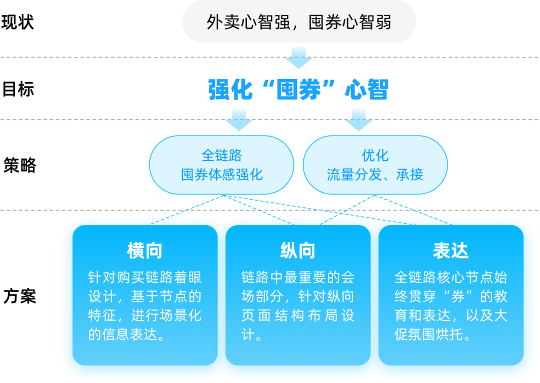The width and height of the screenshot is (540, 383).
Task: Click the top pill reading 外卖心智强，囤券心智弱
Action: pyautogui.click(x=298, y=22)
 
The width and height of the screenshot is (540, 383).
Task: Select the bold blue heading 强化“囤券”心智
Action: pyautogui.click(x=298, y=90)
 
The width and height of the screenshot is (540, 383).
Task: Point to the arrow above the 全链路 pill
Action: pyautogui.click(x=239, y=119)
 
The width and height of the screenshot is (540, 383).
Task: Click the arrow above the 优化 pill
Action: pyautogui.click(x=358, y=119)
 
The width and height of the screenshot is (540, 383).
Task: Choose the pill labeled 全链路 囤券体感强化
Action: pyautogui.click(x=221, y=165)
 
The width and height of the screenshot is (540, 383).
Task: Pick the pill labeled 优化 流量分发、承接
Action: pyautogui.click(x=375, y=165)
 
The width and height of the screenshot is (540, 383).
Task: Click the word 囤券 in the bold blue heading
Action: pyautogui.click(x=298, y=90)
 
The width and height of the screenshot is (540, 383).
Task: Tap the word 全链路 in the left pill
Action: pyautogui.click(x=221, y=155)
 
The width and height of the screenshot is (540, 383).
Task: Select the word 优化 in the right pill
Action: pyautogui.click(x=375, y=155)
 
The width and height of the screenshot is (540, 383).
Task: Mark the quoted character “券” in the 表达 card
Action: pyautogui.click(x=450, y=296)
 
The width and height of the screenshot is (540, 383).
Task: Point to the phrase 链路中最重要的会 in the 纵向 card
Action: pyautogui.click(x=297, y=277)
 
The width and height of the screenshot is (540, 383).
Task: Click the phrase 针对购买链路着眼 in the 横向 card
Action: pyautogui.click(x=145, y=277)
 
